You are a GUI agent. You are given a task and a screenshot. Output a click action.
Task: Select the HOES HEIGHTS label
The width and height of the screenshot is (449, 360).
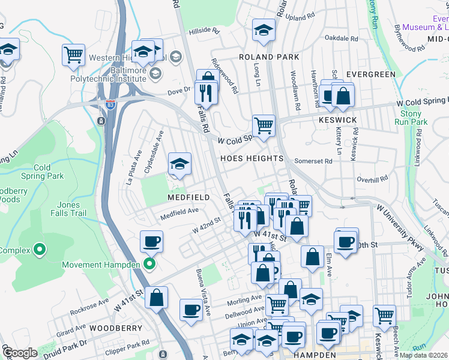[x=252, y=158]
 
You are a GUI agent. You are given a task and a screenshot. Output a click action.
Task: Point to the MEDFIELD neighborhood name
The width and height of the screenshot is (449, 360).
[x=188, y=197]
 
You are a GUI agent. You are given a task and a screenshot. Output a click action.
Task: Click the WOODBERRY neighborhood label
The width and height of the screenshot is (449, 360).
[x=116, y=328]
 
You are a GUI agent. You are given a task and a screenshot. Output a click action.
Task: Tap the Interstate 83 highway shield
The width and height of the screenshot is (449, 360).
[x=110, y=103]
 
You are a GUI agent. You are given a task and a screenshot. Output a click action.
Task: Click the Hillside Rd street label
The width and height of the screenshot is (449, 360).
[x=204, y=30]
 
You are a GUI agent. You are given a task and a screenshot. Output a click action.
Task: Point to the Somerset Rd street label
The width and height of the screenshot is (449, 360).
[x=313, y=161]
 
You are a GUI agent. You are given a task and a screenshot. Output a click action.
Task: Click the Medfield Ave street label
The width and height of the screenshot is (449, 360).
[x=179, y=211]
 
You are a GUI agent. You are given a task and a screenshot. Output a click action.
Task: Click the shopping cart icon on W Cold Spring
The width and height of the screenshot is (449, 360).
[x=264, y=125]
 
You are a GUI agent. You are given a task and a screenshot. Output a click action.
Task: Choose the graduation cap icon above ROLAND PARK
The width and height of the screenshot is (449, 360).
[x=263, y=29]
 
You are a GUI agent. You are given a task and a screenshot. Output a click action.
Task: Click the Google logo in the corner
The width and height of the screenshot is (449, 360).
[x=19, y=353]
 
